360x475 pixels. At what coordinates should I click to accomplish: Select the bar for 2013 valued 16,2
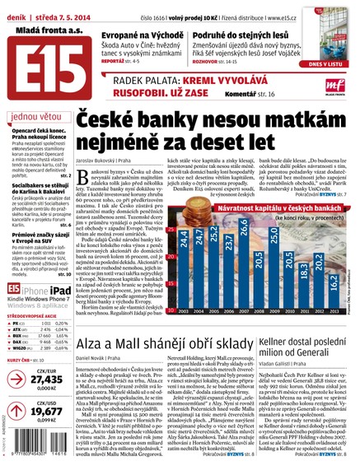[335, 290]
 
